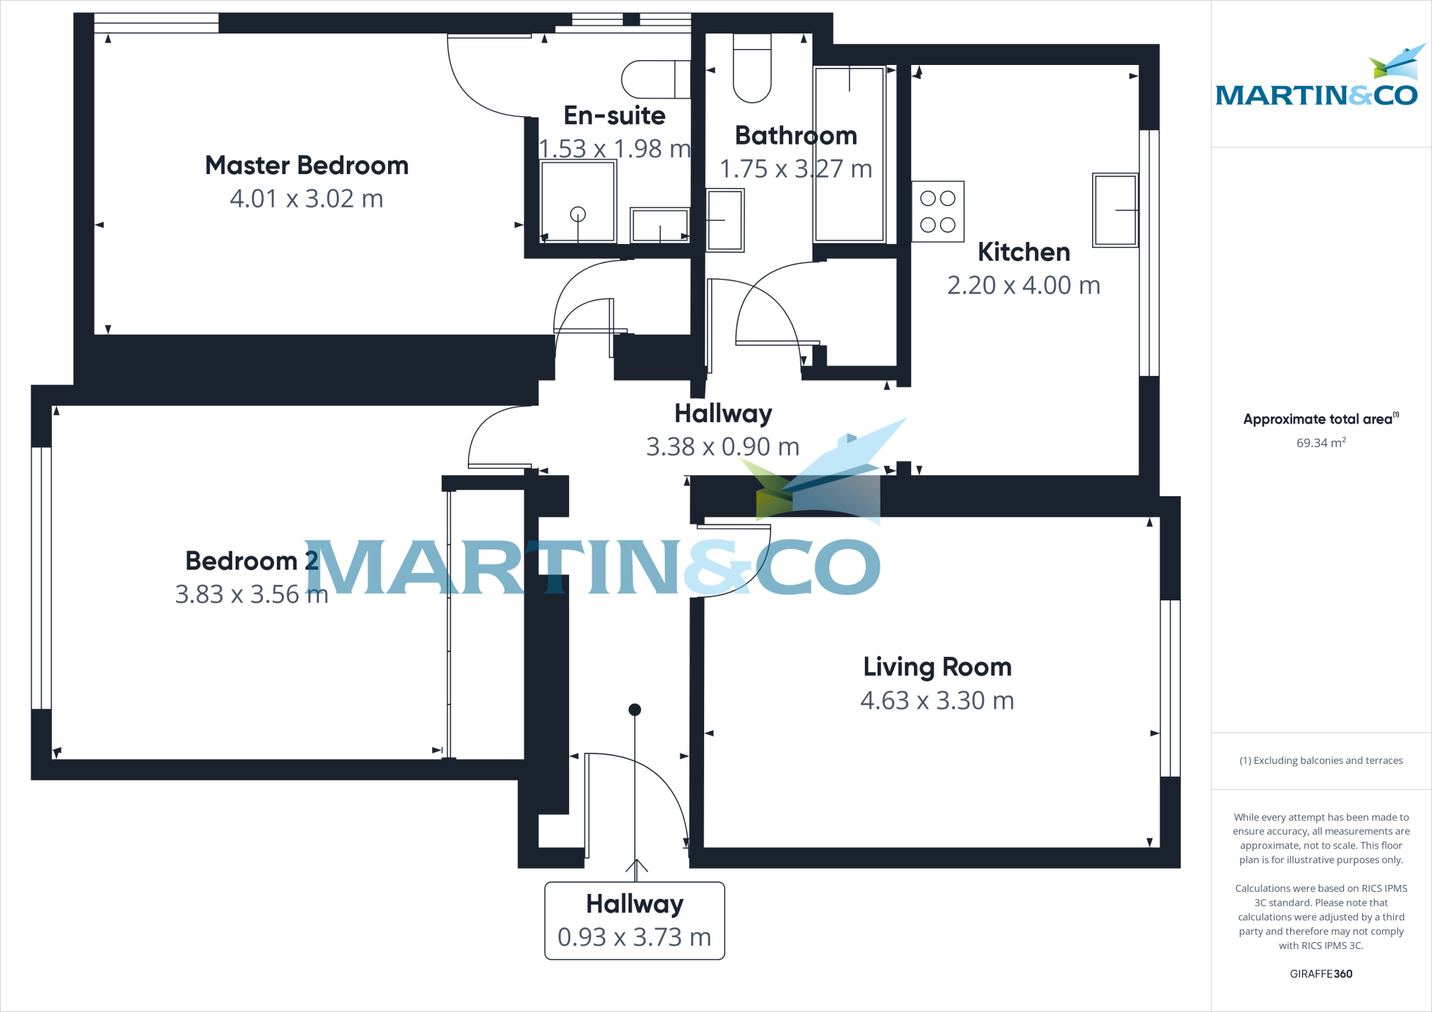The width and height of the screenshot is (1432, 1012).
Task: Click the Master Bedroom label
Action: pos(306,166)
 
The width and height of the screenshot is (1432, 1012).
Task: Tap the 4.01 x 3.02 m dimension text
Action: pos(306,199)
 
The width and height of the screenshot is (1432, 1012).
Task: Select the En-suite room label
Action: pos(614,115)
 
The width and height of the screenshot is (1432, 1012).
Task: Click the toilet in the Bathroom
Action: pos(752,68)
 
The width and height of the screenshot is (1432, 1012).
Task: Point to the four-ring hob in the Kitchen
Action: pos(938,212)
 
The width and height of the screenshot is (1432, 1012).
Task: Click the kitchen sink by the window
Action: pos(1115,210)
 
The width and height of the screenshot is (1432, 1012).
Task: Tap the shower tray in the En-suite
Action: pos(578,201)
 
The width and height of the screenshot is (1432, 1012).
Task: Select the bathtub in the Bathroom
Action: pos(850,154)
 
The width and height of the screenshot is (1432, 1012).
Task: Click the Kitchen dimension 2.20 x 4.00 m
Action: pos(1024,285)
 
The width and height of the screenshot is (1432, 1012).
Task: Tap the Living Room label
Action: pos(937,667)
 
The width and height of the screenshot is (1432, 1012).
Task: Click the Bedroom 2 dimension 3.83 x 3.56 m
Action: pos(251,594)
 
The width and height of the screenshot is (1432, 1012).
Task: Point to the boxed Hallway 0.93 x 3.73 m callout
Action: pos(634,920)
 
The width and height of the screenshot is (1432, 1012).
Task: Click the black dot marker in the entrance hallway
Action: pos(635,710)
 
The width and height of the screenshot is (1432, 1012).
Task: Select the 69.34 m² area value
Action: pos(1321,443)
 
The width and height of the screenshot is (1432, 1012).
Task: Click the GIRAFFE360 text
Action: pos(1321,974)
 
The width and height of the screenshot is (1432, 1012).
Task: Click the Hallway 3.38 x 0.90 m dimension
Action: pos(722,447)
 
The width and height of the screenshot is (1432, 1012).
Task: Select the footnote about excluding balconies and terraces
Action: pos(1321,760)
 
